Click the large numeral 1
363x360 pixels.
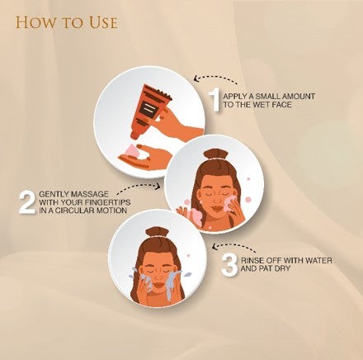pos(214,99)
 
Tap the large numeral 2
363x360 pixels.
pos(27,203)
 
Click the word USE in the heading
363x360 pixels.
pos(103,22)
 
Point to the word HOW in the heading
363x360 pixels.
pos(35,22)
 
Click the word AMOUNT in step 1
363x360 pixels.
pos(299,97)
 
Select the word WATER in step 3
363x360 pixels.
pos(317,260)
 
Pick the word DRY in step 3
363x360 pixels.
pos(281,268)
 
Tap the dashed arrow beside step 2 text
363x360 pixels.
pos(139,187)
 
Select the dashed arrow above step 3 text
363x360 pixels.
pos(235,246)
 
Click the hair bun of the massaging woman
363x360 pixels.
pos(216,154)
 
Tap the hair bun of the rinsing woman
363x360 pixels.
pos(157,232)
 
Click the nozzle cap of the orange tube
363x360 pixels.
pos(135,135)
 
